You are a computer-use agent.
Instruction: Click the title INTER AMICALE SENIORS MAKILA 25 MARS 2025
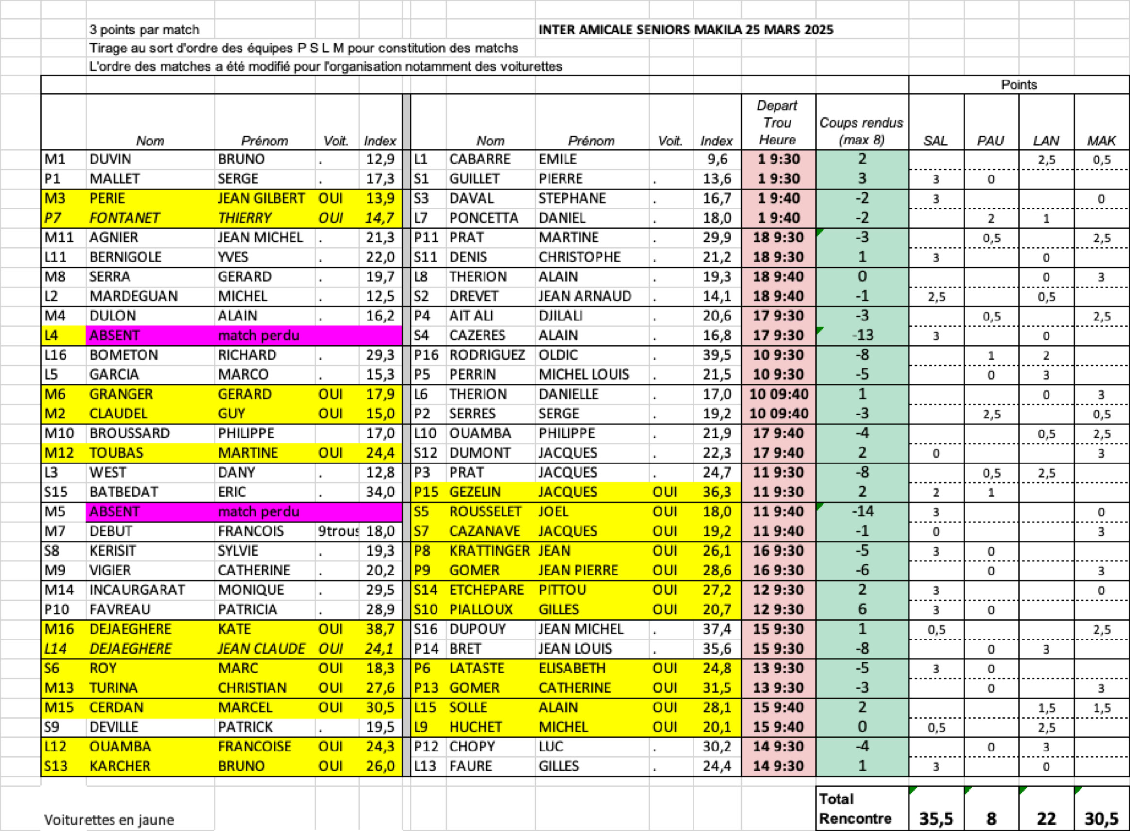click(x=685, y=30)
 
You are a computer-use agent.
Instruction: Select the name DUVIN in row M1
click(x=110, y=160)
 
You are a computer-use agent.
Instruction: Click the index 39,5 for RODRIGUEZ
click(x=716, y=355)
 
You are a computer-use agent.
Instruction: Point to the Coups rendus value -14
click(x=862, y=511)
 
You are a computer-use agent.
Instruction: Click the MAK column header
click(x=1101, y=141)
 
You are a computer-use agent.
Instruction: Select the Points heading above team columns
click(x=1018, y=84)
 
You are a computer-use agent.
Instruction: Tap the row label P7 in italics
click(x=52, y=218)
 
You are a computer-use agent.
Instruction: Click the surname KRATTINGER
click(x=489, y=551)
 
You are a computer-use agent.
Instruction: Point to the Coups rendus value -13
click(x=862, y=336)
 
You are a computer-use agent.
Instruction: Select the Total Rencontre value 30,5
click(x=1101, y=818)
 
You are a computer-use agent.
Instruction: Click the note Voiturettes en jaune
click(x=109, y=820)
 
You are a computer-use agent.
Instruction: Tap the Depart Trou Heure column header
click(x=777, y=123)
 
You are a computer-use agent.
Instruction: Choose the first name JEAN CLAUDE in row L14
click(x=260, y=649)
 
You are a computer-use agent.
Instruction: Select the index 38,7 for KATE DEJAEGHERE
click(x=380, y=629)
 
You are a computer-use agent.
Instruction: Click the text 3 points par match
click(x=145, y=30)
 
